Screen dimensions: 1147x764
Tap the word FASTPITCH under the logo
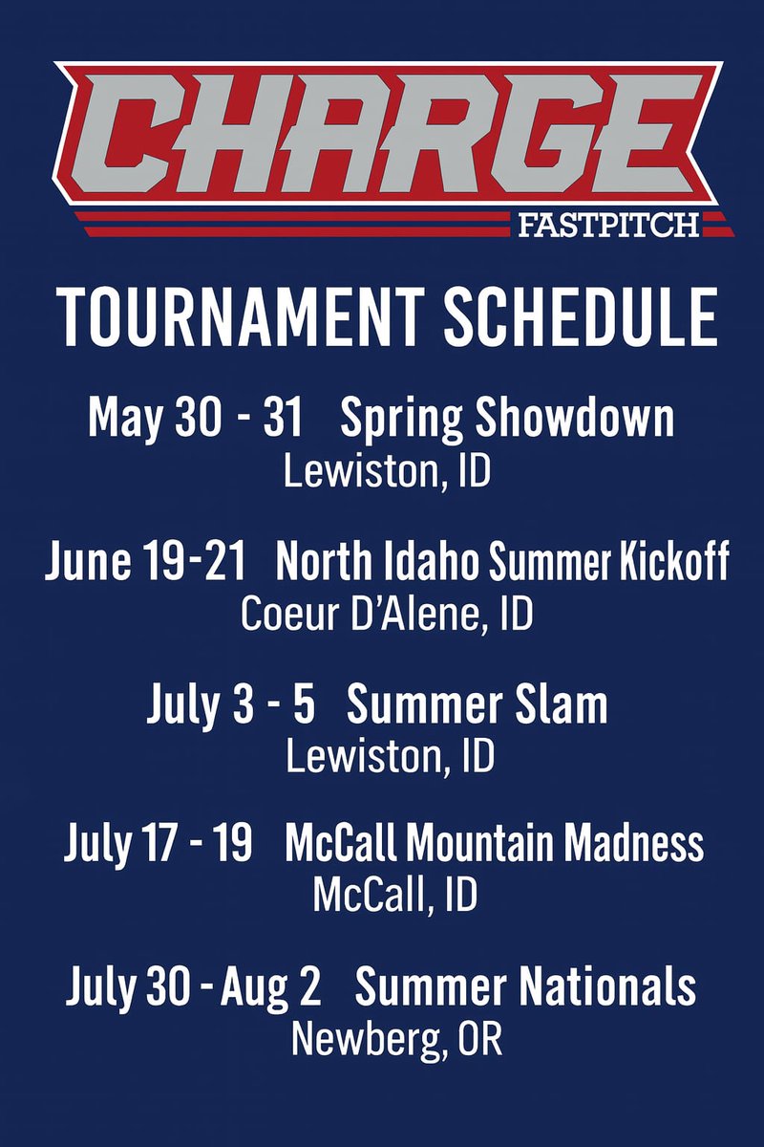click(607, 226)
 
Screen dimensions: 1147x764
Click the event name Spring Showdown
click(507, 421)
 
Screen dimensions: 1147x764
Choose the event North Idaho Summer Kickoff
click(502, 563)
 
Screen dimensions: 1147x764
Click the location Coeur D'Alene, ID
click(386, 615)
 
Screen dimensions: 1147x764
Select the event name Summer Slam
click(477, 704)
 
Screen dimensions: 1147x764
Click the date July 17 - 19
click(159, 845)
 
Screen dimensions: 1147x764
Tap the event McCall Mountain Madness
click(494, 845)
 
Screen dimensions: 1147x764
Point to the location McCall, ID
click(394, 897)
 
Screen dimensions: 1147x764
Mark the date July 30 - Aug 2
click(193, 987)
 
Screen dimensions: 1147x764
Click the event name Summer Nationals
click(525, 987)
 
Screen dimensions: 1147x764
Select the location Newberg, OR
click(396, 1039)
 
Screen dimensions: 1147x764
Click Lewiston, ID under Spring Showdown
click(388, 472)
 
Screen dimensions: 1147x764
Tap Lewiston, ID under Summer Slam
click(391, 756)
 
